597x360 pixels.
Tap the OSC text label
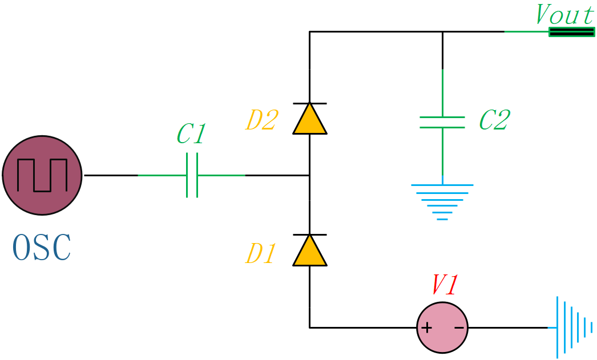[x=42, y=248]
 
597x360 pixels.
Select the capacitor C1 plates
[x=192, y=175]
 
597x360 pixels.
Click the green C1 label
[x=191, y=135]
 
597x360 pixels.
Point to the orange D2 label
[x=261, y=121]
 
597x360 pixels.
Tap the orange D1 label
[x=261, y=254]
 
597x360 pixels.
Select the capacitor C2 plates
[x=442, y=123]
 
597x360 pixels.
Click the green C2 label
[x=494, y=120]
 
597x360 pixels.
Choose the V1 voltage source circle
[x=442, y=327]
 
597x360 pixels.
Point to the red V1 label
[x=444, y=285]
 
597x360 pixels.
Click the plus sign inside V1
[x=426, y=328]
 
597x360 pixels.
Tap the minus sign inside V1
[x=458, y=328]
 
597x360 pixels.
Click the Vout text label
[x=564, y=15]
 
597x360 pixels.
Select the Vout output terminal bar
[x=571, y=32]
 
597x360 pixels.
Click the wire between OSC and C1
[x=111, y=175]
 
